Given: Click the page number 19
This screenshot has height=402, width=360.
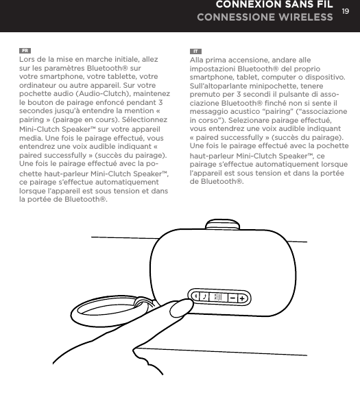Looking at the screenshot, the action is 346,12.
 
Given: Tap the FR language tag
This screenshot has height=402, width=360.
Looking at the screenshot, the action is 25,51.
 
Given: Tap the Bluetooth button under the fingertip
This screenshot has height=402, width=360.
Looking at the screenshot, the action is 193,296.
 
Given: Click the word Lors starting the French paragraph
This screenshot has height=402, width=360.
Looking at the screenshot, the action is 29,60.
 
